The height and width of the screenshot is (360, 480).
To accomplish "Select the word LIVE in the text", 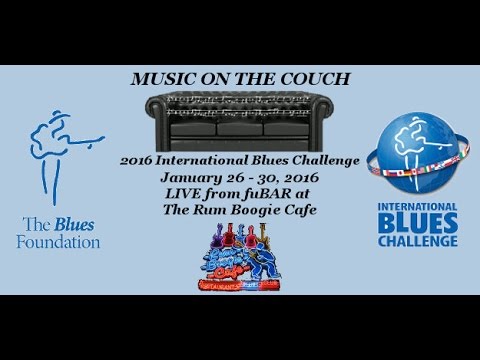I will [187, 193].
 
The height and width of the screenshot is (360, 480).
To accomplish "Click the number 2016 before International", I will [135, 162].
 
